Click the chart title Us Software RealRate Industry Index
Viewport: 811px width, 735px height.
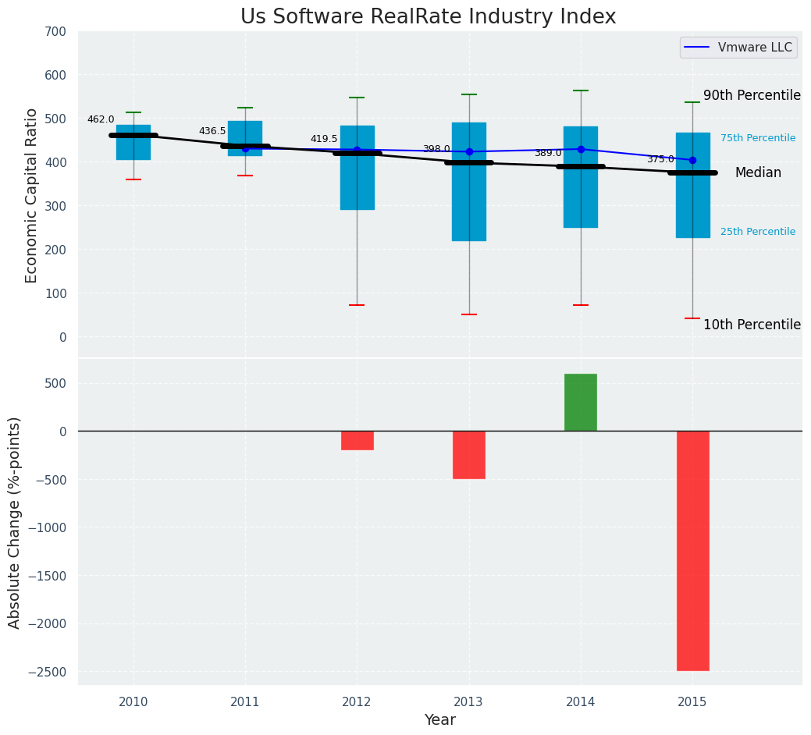tap(428, 17)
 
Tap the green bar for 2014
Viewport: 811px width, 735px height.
tap(581, 403)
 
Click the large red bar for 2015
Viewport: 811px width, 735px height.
tap(692, 550)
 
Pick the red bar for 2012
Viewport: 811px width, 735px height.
tap(357, 441)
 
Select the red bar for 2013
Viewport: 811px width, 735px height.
tap(469, 455)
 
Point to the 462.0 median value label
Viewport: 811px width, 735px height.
tap(101, 120)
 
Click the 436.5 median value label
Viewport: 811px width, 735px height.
tap(212, 132)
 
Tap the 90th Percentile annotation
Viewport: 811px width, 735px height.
tap(752, 96)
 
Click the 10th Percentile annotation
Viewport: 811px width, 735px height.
tap(752, 325)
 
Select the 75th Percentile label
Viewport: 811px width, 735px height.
tap(758, 139)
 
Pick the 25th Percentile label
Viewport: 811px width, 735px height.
tap(758, 233)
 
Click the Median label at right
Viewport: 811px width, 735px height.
tap(758, 173)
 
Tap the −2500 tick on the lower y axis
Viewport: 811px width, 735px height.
tap(49, 672)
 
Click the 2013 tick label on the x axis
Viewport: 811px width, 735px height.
tap(469, 702)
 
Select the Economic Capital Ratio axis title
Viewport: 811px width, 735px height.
tap(32, 195)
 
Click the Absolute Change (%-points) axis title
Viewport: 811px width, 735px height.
tap(15, 522)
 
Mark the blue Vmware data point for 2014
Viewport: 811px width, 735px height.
tap(581, 149)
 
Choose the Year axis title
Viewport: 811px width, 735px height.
tap(440, 720)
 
